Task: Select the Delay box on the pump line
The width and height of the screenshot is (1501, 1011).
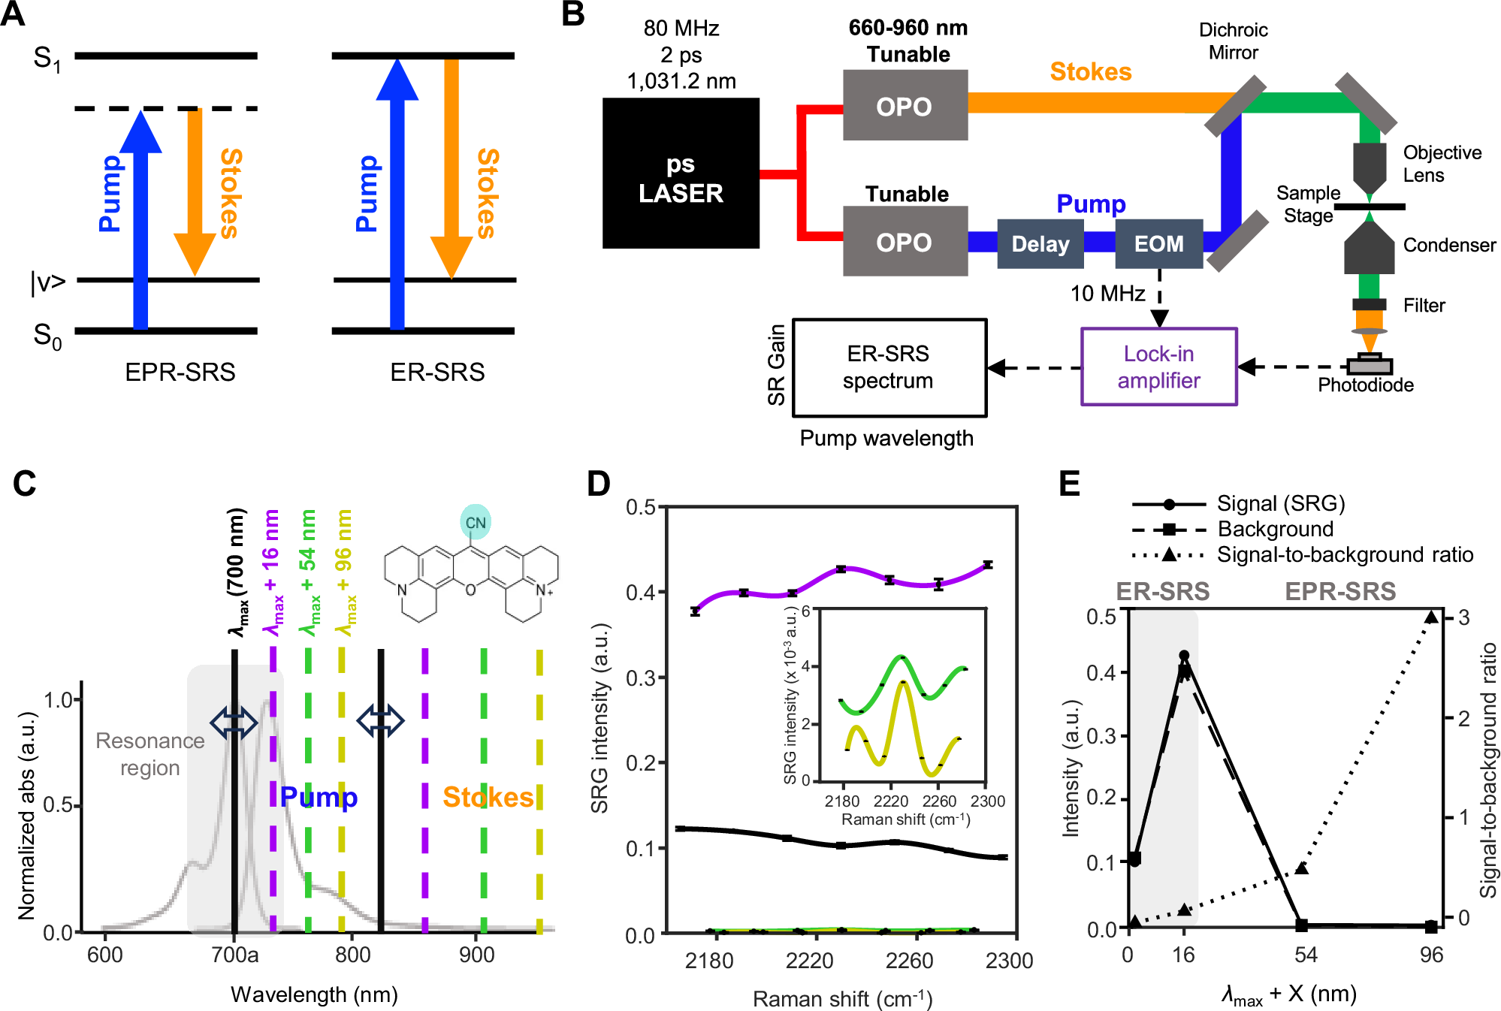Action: click(1040, 243)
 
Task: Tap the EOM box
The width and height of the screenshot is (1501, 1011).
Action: click(1158, 243)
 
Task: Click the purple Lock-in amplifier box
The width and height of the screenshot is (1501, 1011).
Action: click(1158, 367)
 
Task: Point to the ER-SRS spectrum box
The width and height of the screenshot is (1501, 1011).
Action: click(889, 367)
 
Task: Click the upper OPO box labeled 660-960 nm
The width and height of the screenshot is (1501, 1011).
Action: click(905, 106)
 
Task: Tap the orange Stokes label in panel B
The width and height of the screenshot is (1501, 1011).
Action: click(1090, 71)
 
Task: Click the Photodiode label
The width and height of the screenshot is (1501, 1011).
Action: click(1365, 385)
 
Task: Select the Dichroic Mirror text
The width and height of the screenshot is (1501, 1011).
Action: click(1233, 41)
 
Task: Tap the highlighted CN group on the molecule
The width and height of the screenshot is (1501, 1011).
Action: click(475, 522)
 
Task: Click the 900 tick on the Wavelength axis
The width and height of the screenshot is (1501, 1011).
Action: click(476, 955)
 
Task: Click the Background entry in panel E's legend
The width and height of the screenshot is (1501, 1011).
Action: click(1275, 529)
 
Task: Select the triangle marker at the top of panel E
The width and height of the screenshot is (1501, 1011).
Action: click(1431, 617)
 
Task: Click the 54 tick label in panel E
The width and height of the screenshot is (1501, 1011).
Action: click(1306, 955)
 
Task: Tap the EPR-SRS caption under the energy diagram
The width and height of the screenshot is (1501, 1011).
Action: click(180, 372)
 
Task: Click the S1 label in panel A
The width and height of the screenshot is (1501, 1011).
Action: click(47, 59)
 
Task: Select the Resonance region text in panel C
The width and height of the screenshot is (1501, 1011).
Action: click(149, 754)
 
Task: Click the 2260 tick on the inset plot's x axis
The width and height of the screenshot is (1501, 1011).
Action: click(939, 801)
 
